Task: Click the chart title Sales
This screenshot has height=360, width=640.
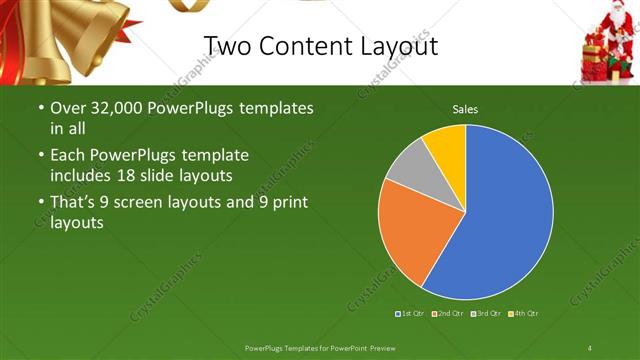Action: tap(465, 108)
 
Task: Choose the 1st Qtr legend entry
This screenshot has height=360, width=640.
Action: tap(412, 314)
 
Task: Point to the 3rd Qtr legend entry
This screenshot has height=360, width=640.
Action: tap(486, 314)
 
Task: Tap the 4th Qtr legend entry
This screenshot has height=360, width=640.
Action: tap(523, 314)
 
